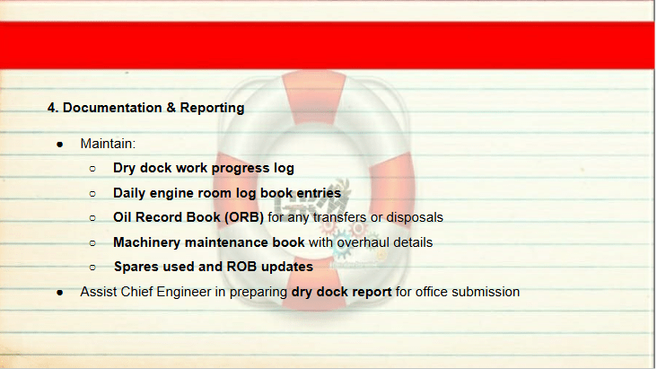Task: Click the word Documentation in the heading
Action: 112,108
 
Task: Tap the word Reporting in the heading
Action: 212,108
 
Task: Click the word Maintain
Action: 108,144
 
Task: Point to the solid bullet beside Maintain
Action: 60,145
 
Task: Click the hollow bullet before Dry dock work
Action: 92,169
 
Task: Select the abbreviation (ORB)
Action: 244,217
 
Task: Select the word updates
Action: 287,268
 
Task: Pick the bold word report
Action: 372,293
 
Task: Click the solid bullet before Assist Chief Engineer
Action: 60,293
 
